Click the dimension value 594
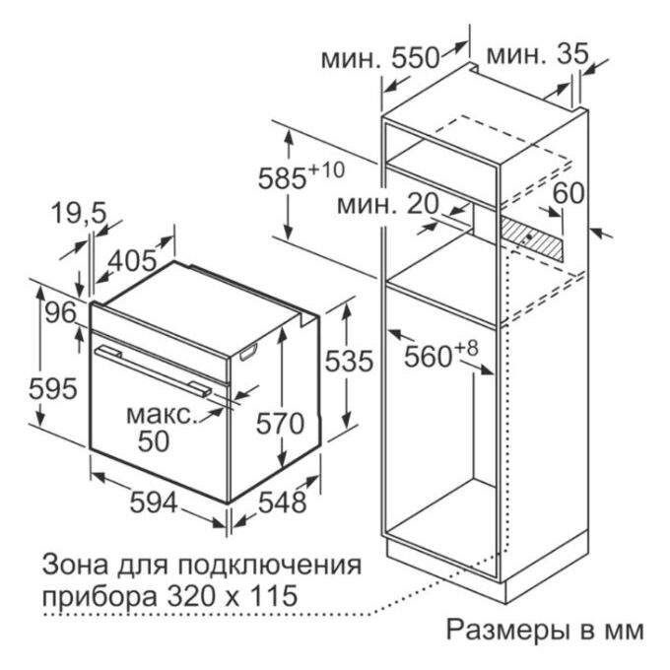154,502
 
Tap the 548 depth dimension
283,502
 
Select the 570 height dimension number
280,424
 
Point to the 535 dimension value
349,361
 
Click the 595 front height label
53,389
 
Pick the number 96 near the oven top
61,312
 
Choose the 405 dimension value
132,260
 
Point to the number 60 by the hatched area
569,193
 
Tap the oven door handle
154,370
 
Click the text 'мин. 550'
380,58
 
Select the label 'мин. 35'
537,54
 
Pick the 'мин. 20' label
388,204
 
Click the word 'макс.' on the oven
163,415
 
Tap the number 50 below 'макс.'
154,441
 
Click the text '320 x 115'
232,595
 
